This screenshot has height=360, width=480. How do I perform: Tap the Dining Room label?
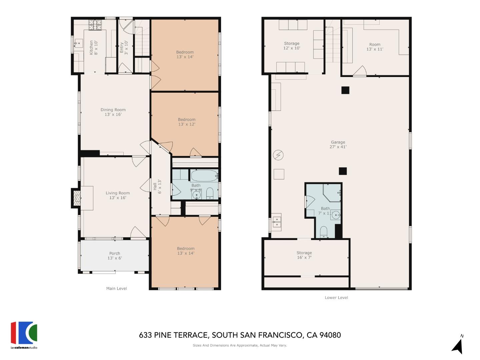[x=113, y=112]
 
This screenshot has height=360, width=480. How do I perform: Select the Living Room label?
[x=117, y=195]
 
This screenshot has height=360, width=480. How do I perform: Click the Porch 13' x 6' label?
[x=115, y=256]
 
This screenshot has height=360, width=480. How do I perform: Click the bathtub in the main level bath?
[x=204, y=175]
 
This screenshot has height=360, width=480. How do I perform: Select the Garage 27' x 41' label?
[x=338, y=144]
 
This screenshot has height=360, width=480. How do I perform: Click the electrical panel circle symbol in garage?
[x=278, y=155]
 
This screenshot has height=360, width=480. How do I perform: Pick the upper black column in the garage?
[x=345, y=90]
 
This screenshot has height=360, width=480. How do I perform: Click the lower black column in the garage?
[x=343, y=171]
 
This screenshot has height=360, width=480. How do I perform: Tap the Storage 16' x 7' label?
[x=304, y=255]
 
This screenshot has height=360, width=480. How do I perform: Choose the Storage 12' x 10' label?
[x=292, y=46]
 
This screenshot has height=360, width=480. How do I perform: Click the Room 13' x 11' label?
[x=375, y=47]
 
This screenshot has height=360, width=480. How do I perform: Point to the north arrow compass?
[x=458, y=345]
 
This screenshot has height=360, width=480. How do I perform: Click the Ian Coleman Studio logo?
[x=24, y=334]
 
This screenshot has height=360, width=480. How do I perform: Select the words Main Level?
[x=116, y=288]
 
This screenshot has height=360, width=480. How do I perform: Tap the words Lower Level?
[x=336, y=297]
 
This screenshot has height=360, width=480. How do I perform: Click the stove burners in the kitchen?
[x=95, y=25]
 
